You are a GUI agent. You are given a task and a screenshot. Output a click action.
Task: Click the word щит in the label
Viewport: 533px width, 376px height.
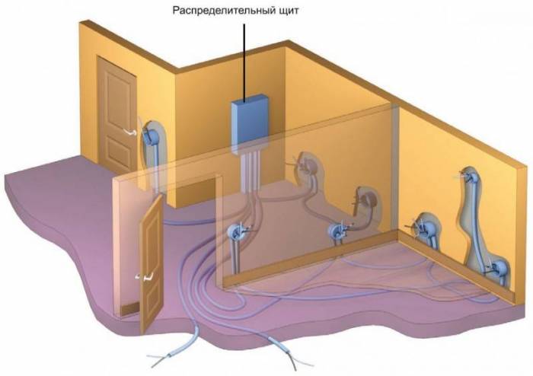tap(288, 11)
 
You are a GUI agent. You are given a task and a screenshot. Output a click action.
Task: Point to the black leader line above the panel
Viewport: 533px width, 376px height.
tap(244, 62)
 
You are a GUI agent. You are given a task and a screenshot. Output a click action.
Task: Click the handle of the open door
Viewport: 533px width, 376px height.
tap(145, 277)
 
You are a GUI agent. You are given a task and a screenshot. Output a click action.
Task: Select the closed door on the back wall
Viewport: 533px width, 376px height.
tap(117, 115)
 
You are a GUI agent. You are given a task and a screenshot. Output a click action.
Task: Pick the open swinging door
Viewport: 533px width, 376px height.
tap(152, 263)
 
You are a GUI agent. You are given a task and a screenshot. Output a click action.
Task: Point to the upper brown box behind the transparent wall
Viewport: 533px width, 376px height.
tap(308, 165)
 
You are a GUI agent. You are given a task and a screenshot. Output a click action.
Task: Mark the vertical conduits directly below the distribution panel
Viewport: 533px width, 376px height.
tap(251, 171)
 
